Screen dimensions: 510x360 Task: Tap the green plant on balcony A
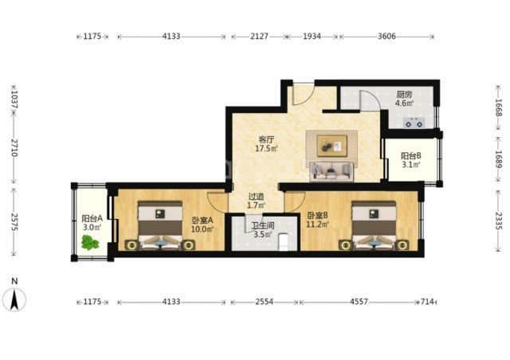click(90, 242)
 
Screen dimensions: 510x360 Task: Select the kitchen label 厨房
click(404, 95)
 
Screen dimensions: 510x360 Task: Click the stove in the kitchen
click(414, 123)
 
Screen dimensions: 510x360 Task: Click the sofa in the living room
click(331, 171)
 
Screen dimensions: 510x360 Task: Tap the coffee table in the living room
click(332, 146)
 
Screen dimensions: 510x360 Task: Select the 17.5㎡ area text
click(266, 149)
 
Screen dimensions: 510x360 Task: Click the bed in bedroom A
click(159, 225)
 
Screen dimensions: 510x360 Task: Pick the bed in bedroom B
click(374, 225)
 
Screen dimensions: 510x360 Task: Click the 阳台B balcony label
click(411, 156)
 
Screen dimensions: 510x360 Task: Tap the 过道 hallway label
click(256, 197)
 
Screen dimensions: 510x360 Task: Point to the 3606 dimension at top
click(386, 36)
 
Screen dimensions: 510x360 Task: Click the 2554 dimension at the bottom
click(264, 302)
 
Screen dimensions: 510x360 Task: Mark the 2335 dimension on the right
click(498, 221)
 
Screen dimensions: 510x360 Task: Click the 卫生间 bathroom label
click(263, 225)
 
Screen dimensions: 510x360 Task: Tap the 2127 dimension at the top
click(259, 36)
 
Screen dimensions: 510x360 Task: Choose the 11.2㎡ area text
click(317, 224)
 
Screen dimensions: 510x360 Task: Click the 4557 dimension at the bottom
click(359, 302)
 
